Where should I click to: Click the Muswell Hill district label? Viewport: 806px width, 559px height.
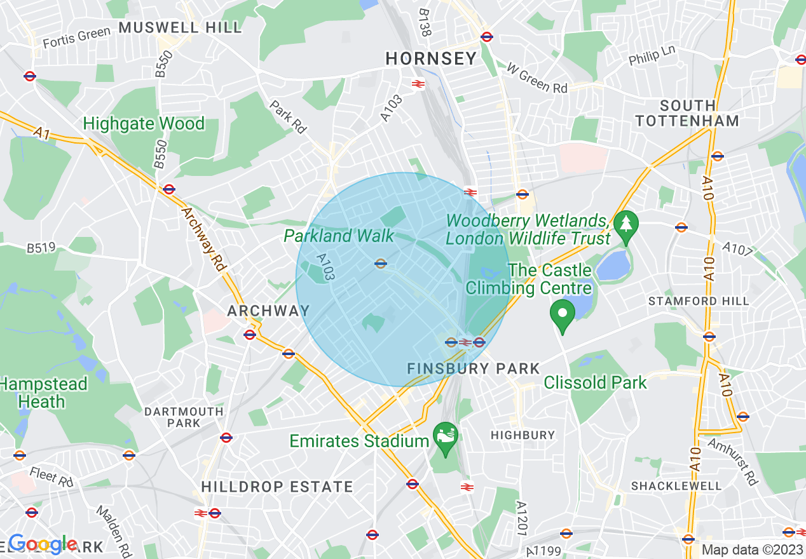tap(181, 27)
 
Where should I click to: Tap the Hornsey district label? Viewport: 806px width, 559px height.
tap(431, 59)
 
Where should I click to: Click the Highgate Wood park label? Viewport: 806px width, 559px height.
tap(144, 123)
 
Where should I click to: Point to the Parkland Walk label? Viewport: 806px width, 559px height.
tap(339, 236)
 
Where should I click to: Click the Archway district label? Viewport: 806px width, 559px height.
tap(268, 311)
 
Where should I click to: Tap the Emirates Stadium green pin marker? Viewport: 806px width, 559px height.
tap(446, 436)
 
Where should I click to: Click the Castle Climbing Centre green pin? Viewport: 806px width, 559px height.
tap(563, 313)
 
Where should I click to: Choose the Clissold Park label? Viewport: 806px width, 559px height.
tap(595, 382)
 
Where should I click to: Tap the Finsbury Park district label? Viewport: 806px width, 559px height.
tap(473, 368)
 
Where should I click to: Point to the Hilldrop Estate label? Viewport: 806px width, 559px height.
tap(277, 487)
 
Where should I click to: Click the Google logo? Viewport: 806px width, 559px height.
tap(43, 544)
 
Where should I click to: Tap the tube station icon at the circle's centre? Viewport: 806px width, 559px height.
tap(381, 264)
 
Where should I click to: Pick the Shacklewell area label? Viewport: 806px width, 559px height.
tap(676, 486)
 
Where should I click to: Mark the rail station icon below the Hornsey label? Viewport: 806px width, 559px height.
tap(418, 83)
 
